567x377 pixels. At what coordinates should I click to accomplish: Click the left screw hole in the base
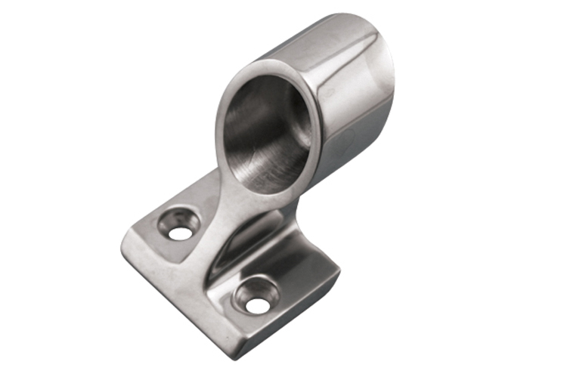[x=180, y=232]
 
